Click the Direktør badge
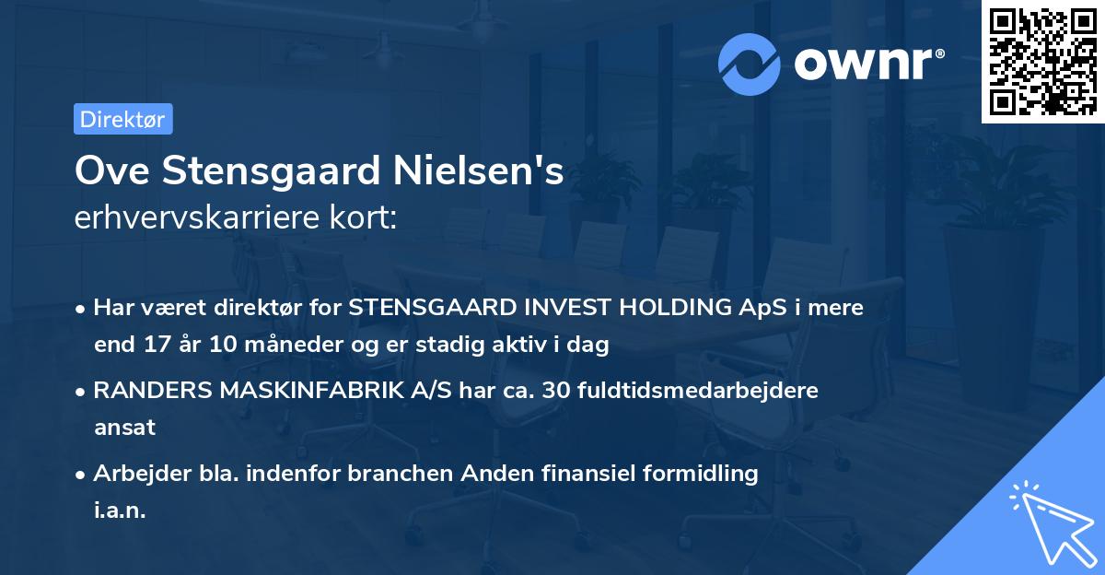[122, 119]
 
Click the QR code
[1042, 61]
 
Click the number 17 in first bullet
[153, 346]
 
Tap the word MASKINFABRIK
[310, 391]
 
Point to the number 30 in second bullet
[556, 391]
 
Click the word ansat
[124, 428]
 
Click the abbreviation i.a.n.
[120, 510]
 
